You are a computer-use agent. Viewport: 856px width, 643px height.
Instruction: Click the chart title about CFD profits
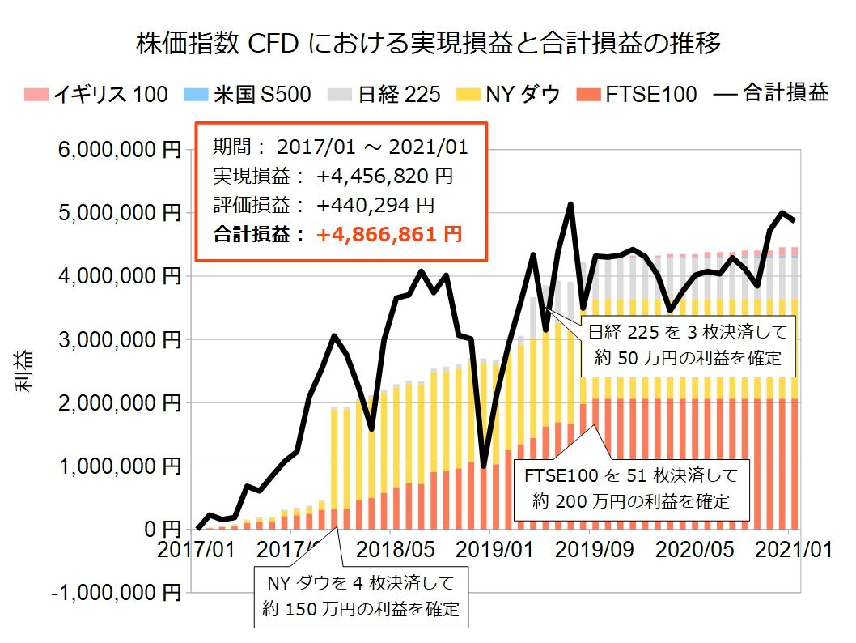[429, 43]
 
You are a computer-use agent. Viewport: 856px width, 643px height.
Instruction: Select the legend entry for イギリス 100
[97, 95]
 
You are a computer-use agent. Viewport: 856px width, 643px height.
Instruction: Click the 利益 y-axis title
[23, 372]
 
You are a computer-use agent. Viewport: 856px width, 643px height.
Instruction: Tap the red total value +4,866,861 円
[390, 235]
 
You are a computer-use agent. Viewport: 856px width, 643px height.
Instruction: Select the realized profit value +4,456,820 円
[385, 176]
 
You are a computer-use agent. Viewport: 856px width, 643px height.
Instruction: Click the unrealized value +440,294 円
[375, 205]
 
